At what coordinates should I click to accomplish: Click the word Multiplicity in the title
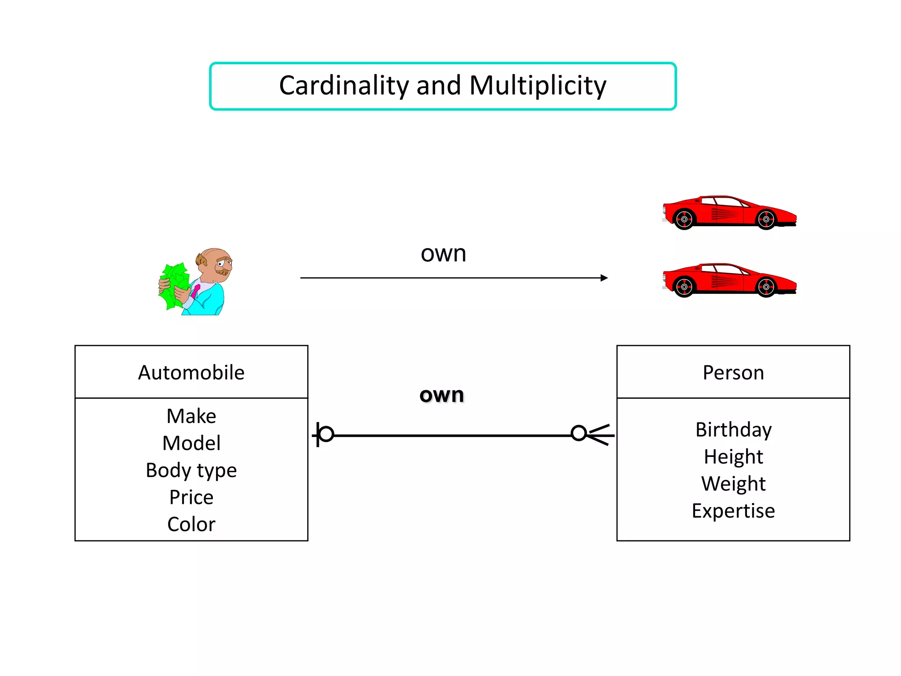[538, 85]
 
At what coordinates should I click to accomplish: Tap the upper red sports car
[729, 213]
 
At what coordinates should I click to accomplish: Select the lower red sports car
[729, 280]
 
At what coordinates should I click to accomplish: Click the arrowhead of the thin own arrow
[604, 278]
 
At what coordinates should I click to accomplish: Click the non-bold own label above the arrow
[443, 254]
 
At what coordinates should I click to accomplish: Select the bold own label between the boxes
[442, 395]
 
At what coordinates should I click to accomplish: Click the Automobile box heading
[191, 372]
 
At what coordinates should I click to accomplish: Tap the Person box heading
[733, 372]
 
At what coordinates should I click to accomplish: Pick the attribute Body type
[191, 470]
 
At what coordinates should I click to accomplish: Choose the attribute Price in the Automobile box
[191, 497]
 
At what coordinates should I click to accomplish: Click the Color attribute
[191, 524]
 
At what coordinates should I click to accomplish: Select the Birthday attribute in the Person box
[733, 430]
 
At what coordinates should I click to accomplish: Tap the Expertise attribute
[733, 511]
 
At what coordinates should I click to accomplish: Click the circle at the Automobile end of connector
[326, 434]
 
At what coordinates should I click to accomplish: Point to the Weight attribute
[733, 484]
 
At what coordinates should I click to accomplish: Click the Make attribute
[191, 416]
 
